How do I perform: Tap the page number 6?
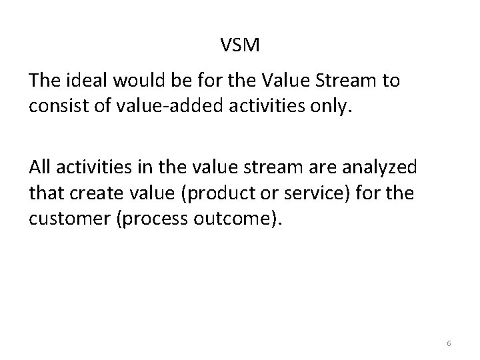click(x=449, y=343)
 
